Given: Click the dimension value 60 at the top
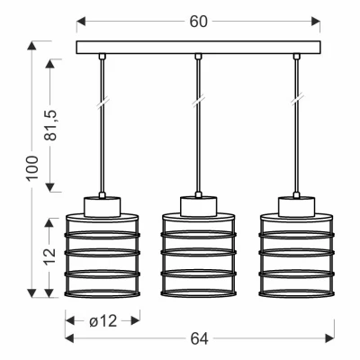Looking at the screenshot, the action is click(198, 22).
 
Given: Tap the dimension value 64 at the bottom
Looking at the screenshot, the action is click(199, 339).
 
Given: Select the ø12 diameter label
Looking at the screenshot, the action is click(103, 321).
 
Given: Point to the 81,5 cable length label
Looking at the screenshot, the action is click(50, 125).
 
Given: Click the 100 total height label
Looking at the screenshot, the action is click(32, 167).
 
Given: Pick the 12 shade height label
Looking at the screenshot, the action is click(50, 256).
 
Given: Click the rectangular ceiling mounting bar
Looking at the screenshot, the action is click(198, 48).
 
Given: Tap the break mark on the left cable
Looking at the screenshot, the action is click(102, 101).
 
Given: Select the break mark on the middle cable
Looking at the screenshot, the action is click(198, 101).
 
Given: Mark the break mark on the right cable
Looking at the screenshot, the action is click(296, 101).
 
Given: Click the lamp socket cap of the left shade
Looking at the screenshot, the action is click(102, 206).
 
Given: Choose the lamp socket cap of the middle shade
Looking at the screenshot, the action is click(198, 206).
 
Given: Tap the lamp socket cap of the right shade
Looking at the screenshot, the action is click(296, 206).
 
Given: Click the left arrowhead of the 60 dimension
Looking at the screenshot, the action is click(81, 22).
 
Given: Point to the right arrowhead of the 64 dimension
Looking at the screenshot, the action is click(329, 339).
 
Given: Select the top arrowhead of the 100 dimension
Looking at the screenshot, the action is click(31, 45).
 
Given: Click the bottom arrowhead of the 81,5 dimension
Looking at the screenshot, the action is click(50, 187).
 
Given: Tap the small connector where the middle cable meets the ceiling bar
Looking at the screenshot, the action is click(198, 57).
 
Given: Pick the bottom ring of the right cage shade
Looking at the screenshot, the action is click(296, 293).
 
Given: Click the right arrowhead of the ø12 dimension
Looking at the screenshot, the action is click(135, 321).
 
